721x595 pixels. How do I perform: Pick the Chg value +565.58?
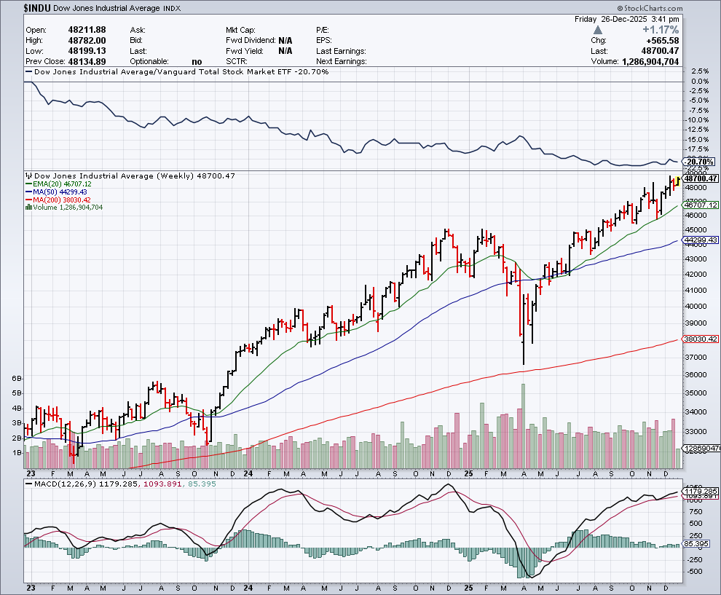[662, 40]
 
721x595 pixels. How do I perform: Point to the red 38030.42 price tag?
[699, 340]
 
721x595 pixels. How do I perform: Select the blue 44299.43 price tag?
[699, 240]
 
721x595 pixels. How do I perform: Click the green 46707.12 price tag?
[699, 205]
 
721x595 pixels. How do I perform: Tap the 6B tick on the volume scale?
[17, 379]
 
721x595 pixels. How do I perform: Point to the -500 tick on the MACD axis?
[696, 572]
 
